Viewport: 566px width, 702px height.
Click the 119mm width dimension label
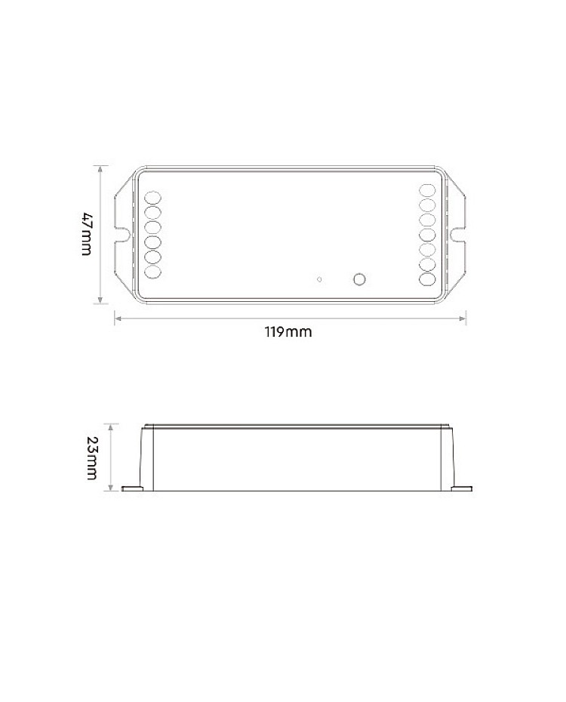tap(288, 332)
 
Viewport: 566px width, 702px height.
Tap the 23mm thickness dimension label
tap(92, 457)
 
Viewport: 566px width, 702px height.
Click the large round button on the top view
tap(358, 279)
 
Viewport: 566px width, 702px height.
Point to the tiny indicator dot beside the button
tap(319, 280)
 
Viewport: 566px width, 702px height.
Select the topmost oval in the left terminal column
tap(153, 198)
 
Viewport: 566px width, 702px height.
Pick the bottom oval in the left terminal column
tap(153, 272)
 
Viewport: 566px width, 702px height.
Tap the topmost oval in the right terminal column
tap(427, 189)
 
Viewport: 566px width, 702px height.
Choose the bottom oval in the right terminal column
tap(427, 279)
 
